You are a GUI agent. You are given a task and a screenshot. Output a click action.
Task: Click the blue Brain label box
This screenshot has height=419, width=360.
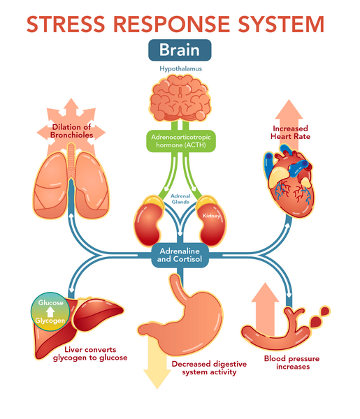coord(180,51)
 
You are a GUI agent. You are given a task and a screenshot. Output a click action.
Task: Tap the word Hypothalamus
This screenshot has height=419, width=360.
coord(180,71)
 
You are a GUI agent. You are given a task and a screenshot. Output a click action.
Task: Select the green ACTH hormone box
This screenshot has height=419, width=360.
coord(180,142)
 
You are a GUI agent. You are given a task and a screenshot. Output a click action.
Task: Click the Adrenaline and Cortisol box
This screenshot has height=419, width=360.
coord(180,257)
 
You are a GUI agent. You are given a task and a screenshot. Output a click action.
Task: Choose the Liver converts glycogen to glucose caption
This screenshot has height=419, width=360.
coord(86,353)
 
